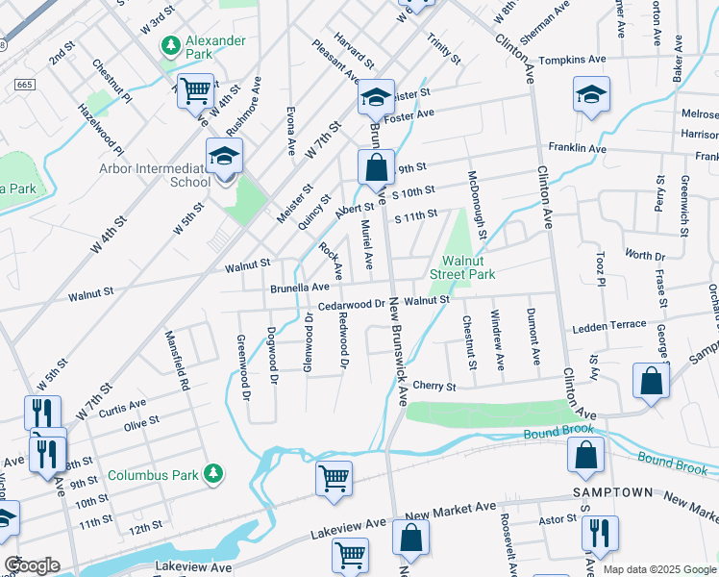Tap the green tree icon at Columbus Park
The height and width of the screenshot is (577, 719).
tap(218, 474)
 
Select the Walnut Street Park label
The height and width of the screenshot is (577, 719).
tap(468, 267)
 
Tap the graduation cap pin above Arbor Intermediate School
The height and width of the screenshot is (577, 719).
tap(224, 158)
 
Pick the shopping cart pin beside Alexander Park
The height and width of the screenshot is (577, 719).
tap(195, 91)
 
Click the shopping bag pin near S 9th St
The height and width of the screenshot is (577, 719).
tap(376, 167)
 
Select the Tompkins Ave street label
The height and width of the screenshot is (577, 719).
tap(573, 60)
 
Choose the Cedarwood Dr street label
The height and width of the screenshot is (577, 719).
tap(352, 306)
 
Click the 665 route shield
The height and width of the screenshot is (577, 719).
tap(26, 86)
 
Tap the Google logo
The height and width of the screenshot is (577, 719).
tap(32, 565)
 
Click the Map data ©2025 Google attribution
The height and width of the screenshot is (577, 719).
tap(658, 569)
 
